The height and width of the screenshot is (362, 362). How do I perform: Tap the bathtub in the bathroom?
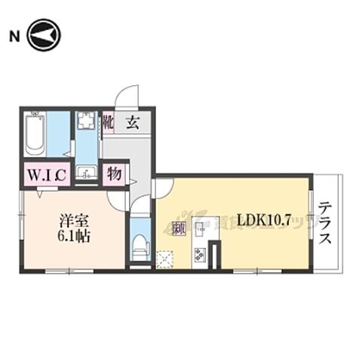tap(35, 133)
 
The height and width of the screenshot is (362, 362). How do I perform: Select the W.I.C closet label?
tap(48, 175)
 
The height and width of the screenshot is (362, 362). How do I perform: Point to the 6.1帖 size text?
tap(74, 236)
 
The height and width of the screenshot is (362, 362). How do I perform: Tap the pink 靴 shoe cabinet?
tap(108, 121)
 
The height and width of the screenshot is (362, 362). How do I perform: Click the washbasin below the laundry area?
tap(87, 173)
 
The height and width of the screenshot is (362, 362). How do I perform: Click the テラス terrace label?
tap(327, 222)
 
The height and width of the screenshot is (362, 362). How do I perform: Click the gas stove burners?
tap(201, 254)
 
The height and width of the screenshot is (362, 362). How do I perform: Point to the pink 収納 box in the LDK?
tap(179, 227)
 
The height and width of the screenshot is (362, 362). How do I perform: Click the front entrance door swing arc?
tap(128, 97)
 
